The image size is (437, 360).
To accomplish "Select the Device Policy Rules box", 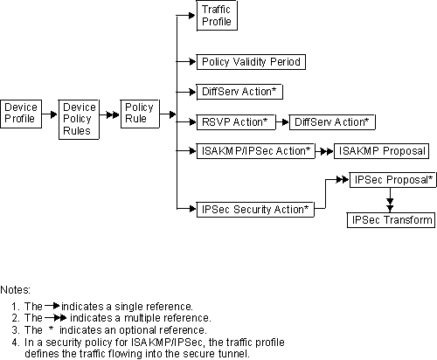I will [78, 119].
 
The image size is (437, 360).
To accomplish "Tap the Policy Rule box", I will [137, 114].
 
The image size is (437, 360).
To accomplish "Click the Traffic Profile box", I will [216, 16].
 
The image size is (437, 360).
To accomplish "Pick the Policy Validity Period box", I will [250, 62].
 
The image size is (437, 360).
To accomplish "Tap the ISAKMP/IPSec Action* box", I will [255, 151].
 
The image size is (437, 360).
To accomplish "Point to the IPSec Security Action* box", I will [253, 209].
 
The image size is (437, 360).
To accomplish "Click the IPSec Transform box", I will [390, 220].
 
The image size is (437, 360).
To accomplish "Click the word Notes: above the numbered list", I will [16, 288].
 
